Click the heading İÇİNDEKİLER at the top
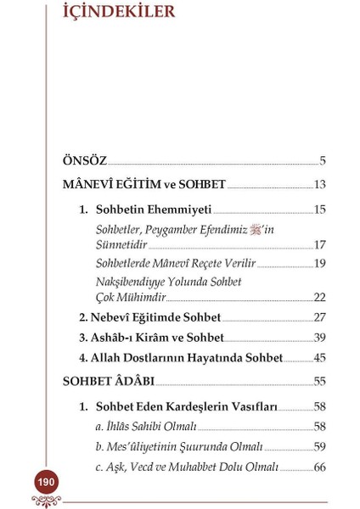point(118,12)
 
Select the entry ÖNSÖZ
point(85,160)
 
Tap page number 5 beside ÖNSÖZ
point(323,160)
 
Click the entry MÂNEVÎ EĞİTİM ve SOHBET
point(144,184)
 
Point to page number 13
point(319,184)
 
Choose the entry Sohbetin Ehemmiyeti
point(153,209)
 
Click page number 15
point(319,209)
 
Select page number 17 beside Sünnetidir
point(319,244)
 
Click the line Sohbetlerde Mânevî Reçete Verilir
point(175,263)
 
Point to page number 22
point(319,297)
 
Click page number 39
point(319,338)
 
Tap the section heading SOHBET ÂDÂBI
point(109,382)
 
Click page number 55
point(319,382)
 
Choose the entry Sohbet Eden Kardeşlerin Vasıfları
point(186,406)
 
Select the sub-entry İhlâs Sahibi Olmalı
point(146,427)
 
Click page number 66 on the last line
point(319,467)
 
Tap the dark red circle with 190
point(46,482)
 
